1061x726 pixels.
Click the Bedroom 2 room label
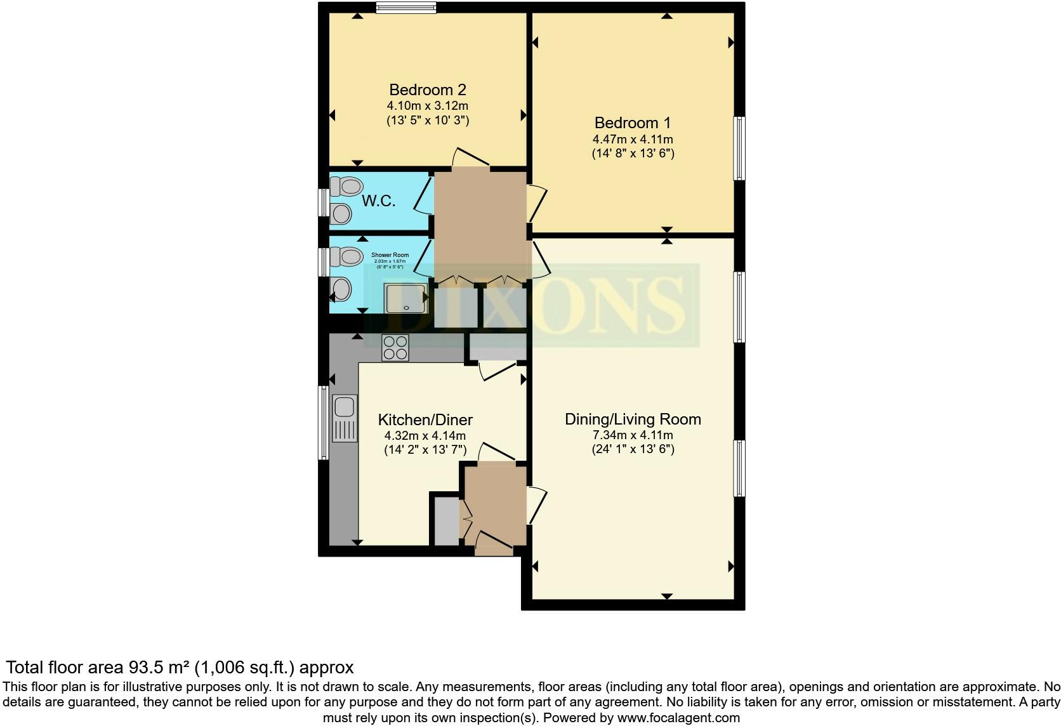tap(427, 89)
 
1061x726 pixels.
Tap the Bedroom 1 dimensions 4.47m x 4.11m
tap(633, 139)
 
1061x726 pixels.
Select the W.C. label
tap(379, 201)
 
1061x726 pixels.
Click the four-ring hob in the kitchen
tap(395, 348)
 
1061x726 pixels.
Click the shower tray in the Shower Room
tap(405, 298)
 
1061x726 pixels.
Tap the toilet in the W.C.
tap(347, 187)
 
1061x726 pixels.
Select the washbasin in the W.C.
tap(341, 214)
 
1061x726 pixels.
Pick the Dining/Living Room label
tap(633, 419)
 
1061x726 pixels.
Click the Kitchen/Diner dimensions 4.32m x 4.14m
tap(425, 435)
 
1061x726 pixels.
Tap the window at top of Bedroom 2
tap(406, 8)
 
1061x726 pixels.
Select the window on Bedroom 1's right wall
tap(739, 148)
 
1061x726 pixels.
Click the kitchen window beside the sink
tap(324, 423)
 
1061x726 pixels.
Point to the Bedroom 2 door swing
tap(470, 159)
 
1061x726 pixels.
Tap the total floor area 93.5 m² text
tap(180, 667)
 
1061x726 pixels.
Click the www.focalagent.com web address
tap(678, 718)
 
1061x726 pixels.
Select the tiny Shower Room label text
tap(390, 255)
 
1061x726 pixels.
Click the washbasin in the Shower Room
tap(341, 291)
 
